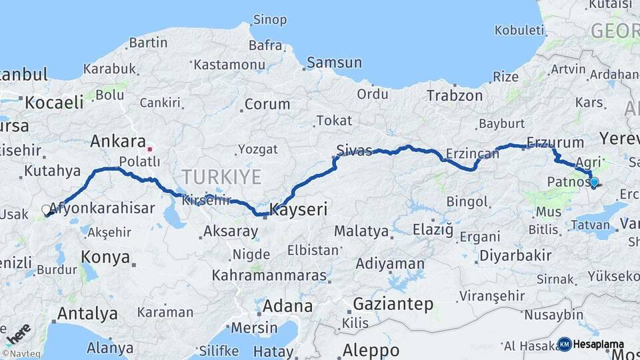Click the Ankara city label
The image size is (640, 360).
[118, 141]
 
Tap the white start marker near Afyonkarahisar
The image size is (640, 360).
[46, 210]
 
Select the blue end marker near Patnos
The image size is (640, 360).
[594, 181]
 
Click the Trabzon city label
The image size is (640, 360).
[455, 95]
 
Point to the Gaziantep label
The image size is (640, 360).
[393, 304]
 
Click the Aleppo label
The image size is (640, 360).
[371, 350]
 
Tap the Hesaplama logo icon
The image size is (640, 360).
[565, 344]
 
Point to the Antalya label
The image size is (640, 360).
[87, 313]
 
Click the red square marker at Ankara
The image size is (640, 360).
[151, 149]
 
